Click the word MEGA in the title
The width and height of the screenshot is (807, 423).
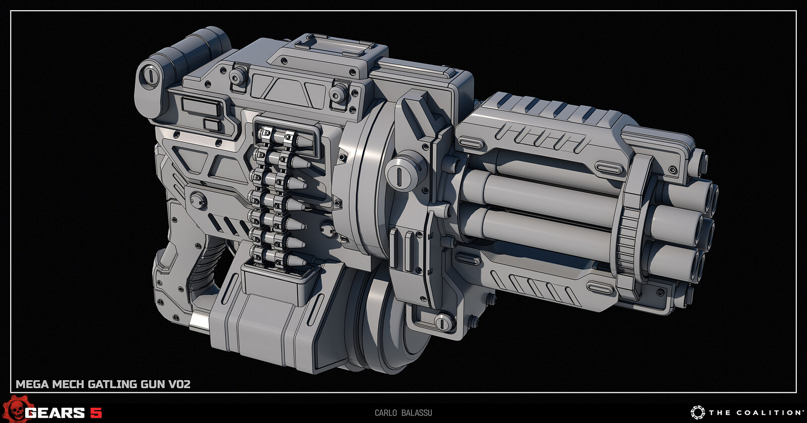(32, 384)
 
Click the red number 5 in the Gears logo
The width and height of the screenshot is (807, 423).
(95, 413)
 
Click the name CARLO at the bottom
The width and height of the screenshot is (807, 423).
(385, 413)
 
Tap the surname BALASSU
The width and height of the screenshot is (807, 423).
(417, 413)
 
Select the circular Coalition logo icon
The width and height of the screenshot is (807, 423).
(698, 412)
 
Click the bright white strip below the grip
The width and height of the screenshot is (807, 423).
(199, 321)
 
